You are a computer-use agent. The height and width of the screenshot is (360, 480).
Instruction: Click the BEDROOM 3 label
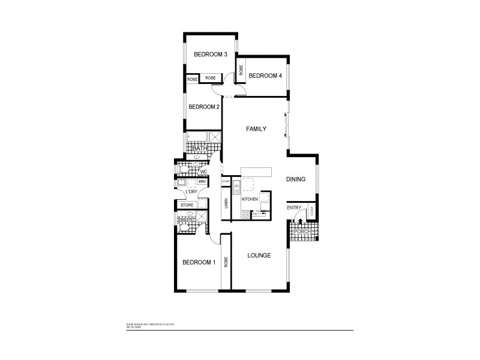pyautogui.click(x=210, y=55)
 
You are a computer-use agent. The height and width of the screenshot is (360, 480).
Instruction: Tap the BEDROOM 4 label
pyautogui.click(x=265, y=76)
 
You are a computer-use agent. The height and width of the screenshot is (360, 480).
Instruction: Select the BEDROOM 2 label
pyautogui.click(x=204, y=107)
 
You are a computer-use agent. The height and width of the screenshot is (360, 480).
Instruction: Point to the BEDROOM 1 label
pyautogui.click(x=198, y=262)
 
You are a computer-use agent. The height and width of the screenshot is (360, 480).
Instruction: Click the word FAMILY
pyautogui.click(x=256, y=129)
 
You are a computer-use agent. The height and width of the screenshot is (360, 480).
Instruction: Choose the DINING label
pyautogui.click(x=296, y=179)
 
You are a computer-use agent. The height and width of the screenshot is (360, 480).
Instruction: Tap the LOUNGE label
pyautogui.click(x=259, y=255)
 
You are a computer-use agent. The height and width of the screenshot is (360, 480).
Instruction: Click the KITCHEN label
pyautogui.click(x=250, y=199)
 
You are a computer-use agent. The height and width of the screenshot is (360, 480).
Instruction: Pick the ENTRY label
pyautogui.click(x=294, y=208)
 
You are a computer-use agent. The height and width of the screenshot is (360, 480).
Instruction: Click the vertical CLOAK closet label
pyautogui.click(x=311, y=211)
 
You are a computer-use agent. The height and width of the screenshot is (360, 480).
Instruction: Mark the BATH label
pyautogui.click(x=200, y=148)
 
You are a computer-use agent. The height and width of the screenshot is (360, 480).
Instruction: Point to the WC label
pyautogui.click(x=204, y=172)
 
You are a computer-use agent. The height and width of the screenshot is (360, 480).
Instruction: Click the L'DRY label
pyautogui.click(x=193, y=192)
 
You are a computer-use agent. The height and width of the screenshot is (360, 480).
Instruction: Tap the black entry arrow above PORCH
pyautogui.click(x=293, y=222)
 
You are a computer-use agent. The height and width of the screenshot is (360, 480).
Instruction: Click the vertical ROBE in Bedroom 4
pyautogui.click(x=241, y=71)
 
